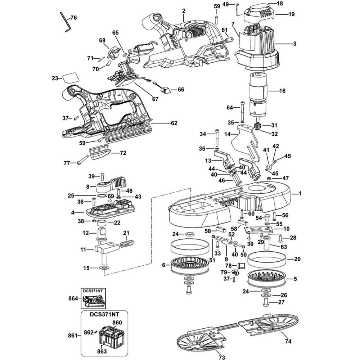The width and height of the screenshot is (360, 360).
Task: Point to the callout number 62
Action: [x=174, y=123]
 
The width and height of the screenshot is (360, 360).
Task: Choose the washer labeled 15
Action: [x=104, y=269]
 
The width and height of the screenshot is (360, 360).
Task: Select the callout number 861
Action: [x=73, y=336]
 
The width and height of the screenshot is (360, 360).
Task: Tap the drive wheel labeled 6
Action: [x=189, y=266]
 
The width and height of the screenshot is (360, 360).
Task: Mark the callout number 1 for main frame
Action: [x=300, y=194]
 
